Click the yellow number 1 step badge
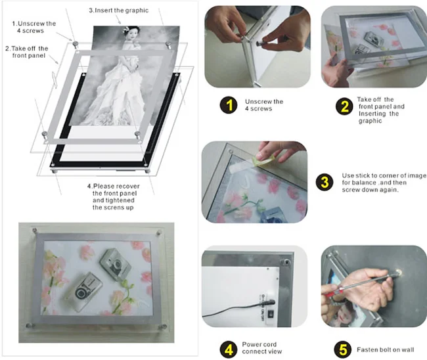(x=229, y=105)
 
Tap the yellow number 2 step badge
(x=344, y=106)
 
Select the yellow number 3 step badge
(x=325, y=182)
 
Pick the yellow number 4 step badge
(x=229, y=349)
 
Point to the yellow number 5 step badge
(x=342, y=349)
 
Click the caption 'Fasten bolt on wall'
(x=386, y=349)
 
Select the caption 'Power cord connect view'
(x=262, y=348)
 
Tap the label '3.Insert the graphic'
(x=118, y=11)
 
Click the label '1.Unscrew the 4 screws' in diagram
(x=34, y=27)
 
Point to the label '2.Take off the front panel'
(x=27, y=52)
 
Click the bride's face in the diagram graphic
(x=133, y=35)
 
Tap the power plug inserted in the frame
(x=267, y=302)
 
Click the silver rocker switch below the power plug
(x=271, y=314)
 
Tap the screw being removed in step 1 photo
(x=262, y=43)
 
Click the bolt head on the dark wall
(x=399, y=272)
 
